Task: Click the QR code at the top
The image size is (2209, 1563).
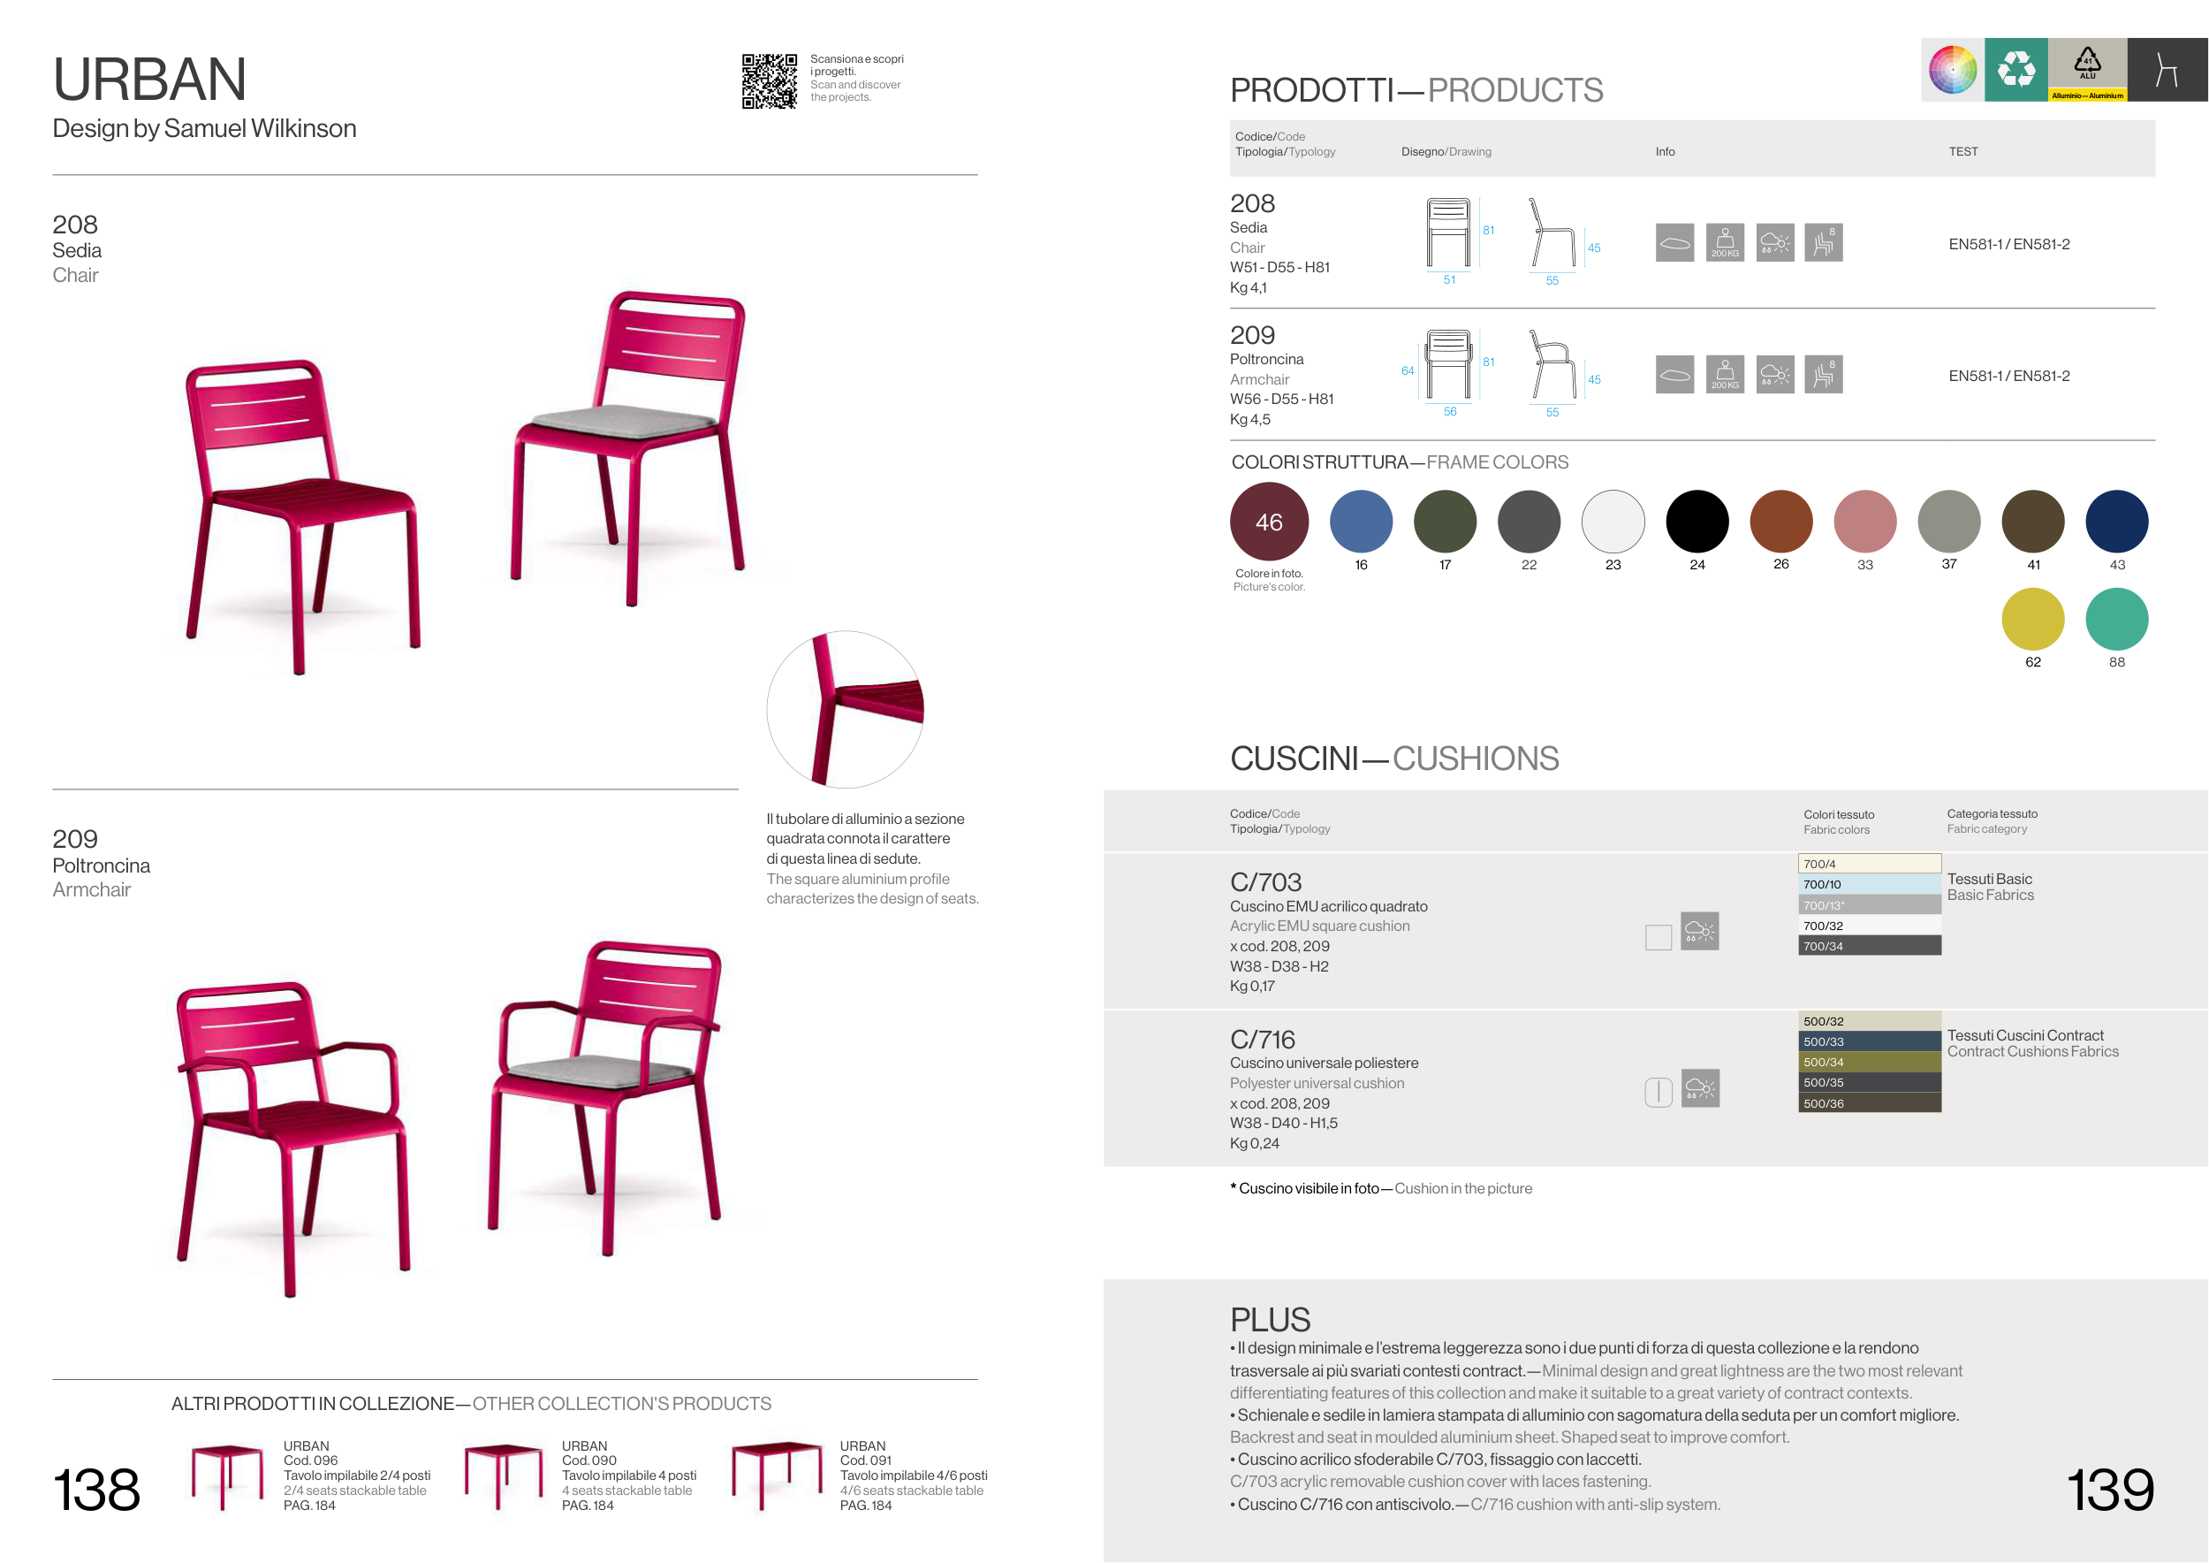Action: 769,80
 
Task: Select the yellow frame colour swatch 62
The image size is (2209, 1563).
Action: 2032,619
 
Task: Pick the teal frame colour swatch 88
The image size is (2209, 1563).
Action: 2115,619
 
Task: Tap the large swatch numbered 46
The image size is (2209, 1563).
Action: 1268,522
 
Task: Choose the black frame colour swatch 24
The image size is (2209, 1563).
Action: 1697,522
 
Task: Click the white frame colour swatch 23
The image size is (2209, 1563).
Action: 1613,522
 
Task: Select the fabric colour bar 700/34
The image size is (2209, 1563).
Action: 1869,946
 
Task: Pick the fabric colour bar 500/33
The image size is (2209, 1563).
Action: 1869,1041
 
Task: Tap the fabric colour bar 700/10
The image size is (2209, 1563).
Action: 1869,884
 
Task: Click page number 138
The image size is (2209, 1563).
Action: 96,1490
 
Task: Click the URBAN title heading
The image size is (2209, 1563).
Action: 149,79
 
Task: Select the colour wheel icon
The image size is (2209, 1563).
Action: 1952,69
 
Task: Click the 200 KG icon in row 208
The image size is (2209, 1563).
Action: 1724,242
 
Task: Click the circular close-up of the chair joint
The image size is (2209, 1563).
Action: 845,709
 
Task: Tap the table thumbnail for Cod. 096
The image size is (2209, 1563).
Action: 226,1475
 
